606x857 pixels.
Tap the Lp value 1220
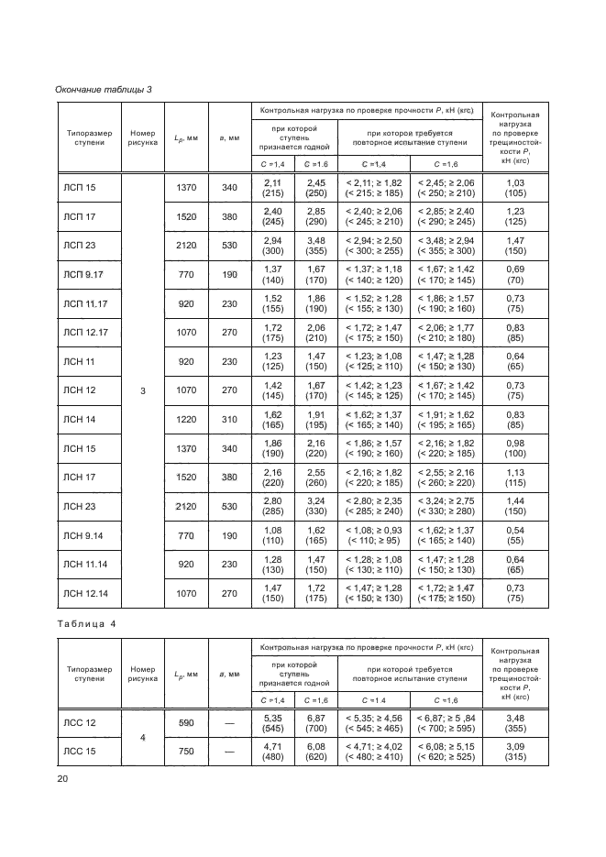point(186,420)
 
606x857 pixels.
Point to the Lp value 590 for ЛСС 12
point(186,723)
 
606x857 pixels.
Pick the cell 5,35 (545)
point(272,723)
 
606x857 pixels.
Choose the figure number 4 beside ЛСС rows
point(142,737)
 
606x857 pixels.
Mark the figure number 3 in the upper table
point(142,390)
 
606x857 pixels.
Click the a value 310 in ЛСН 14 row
point(229,420)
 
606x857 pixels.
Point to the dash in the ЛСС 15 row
point(229,752)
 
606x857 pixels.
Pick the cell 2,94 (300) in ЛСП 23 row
point(272,246)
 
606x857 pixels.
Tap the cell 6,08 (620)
point(315,752)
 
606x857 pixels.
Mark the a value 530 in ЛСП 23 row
point(229,246)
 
